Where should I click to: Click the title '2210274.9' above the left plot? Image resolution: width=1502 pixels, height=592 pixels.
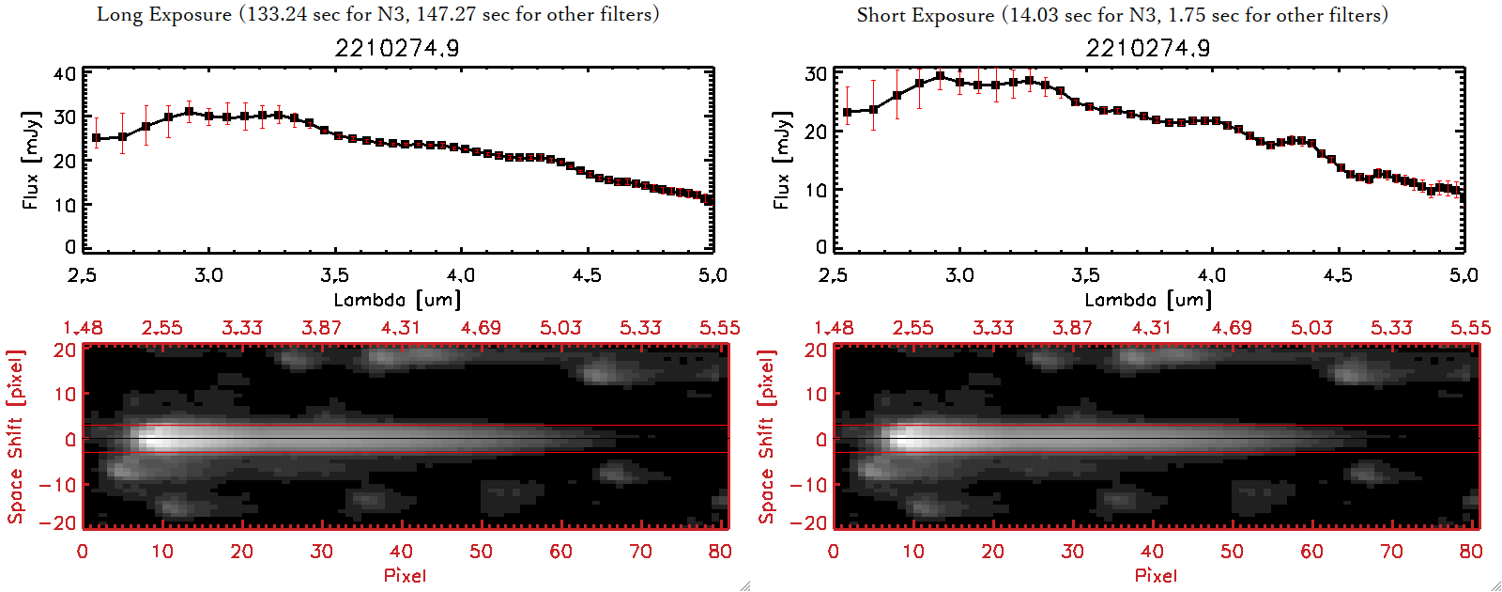pyautogui.click(x=397, y=48)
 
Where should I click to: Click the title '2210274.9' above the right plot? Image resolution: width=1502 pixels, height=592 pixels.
pyautogui.click(x=1148, y=48)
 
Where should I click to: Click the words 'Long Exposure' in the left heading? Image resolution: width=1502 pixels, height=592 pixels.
pyautogui.click(x=164, y=14)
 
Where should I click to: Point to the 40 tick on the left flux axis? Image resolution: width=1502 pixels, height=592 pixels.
pyautogui.click(x=65, y=74)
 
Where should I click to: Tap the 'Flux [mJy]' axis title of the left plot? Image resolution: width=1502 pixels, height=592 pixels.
pyautogui.click(x=31, y=160)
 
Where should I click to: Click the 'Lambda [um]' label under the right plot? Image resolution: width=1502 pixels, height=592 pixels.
pyautogui.click(x=1148, y=300)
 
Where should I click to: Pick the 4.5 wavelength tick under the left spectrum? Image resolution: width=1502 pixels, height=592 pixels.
pyautogui.click(x=587, y=275)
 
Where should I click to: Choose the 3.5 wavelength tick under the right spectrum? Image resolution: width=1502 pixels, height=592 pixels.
pyautogui.click(x=1085, y=275)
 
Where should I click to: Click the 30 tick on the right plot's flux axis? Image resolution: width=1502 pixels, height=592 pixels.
pyautogui.click(x=816, y=74)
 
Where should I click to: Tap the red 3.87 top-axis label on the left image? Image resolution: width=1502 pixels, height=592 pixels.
pyautogui.click(x=321, y=328)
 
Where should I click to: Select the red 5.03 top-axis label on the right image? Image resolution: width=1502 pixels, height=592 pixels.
pyautogui.click(x=1311, y=328)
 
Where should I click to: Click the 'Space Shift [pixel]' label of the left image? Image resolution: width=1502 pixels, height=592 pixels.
pyautogui.click(x=15, y=437)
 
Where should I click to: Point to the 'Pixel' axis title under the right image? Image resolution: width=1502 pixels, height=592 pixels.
pyautogui.click(x=1156, y=575)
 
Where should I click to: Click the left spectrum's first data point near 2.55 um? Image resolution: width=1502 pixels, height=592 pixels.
pyautogui.click(x=96, y=138)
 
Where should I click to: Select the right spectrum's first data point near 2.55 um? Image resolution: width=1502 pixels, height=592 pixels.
pyautogui.click(x=848, y=113)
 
